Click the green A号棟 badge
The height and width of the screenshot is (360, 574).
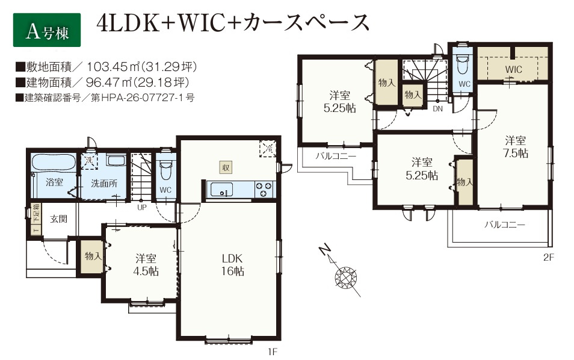pyautogui.click(x=47, y=30)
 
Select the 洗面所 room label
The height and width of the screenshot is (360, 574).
pyautogui.click(x=104, y=183)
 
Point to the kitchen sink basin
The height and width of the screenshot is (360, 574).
pyautogui.click(x=221, y=190)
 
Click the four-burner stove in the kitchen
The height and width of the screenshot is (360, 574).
pyautogui.click(x=264, y=190)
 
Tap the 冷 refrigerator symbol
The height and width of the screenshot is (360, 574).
pyautogui.click(x=268, y=149)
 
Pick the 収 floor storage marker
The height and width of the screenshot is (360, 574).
pyautogui.click(x=226, y=167)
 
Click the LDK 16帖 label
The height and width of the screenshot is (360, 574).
pyautogui.click(x=232, y=265)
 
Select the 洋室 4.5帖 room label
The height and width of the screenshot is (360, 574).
pyautogui.click(x=146, y=265)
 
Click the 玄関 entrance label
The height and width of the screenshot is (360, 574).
pyautogui.click(x=58, y=219)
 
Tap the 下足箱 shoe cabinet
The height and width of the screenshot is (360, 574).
pyautogui.click(x=35, y=219)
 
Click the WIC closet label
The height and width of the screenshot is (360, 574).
pyautogui.click(x=514, y=69)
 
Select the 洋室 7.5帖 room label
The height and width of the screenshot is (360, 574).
pyautogui.click(x=516, y=147)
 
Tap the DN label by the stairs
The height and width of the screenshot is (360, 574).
pyautogui.click(x=438, y=109)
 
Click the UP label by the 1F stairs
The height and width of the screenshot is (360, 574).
pyautogui.click(x=141, y=207)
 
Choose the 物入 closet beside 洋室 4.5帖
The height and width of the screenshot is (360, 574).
pyautogui.click(x=92, y=256)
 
